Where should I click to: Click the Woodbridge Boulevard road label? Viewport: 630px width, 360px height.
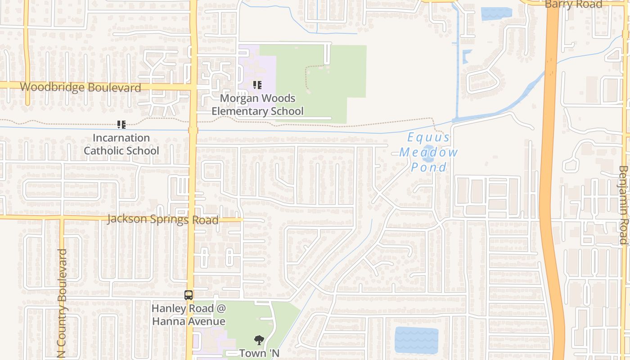[x=81, y=87]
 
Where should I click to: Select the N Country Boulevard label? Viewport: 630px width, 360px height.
[x=62, y=304]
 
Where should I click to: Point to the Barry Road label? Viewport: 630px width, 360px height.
[x=573, y=4]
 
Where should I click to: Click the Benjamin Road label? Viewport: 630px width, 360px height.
[x=623, y=205]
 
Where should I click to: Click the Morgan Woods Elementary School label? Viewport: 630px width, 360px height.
[x=257, y=104]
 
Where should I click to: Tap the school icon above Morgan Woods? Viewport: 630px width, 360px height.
[x=257, y=85]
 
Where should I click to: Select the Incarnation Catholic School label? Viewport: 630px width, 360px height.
[x=121, y=144]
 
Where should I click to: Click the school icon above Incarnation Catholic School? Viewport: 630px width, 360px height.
[x=121, y=125]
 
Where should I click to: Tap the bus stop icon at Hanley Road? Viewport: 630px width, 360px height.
[x=189, y=296]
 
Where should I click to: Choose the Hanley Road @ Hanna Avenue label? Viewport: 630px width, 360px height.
[x=189, y=315]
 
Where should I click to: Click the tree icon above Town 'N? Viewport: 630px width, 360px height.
[x=259, y=340]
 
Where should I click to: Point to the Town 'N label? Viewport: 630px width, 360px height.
[x=259, y=353]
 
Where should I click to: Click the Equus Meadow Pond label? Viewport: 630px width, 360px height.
[x=428, y=153]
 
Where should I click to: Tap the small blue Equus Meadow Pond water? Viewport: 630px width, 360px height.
[x=428, y=153]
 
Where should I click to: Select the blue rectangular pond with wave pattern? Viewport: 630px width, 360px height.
[x=416, y=340]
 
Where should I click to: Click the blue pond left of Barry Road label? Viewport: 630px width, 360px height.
[x=496, y=13]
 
